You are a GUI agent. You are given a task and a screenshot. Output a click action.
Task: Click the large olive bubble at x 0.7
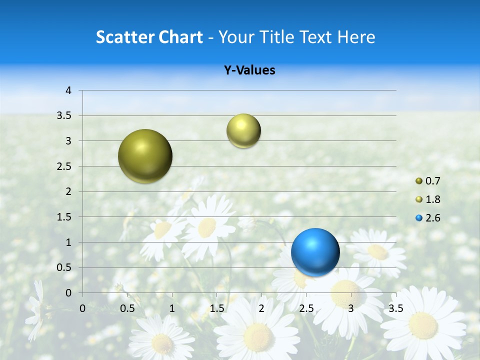[x=145, y=156]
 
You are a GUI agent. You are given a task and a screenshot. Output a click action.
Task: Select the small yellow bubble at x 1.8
[x=243, y=131]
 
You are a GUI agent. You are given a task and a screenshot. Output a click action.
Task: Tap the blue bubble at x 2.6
[x=315, y=252]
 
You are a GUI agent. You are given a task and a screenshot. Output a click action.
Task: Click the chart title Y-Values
[x=249, y=70]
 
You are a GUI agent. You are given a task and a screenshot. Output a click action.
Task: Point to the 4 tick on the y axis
[x=68, y=90]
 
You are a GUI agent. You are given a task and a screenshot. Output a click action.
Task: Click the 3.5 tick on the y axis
[x=65, y=116]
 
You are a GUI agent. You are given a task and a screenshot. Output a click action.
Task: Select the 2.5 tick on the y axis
[x=65, y=166]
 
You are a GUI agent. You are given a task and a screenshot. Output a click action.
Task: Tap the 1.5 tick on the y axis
[x=65, y=217]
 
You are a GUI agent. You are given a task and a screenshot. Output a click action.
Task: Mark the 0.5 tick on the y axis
[x=65, y=268]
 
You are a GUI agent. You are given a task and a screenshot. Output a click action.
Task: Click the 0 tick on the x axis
[x=82, y=308]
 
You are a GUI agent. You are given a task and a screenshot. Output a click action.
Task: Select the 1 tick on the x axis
[x=172, y=308]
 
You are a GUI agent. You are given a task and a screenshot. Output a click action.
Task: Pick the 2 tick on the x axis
[x=261, y=308]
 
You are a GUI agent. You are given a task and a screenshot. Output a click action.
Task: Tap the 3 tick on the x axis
[x=351, y=308]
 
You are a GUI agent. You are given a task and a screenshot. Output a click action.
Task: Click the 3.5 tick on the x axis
[x=395, y=308]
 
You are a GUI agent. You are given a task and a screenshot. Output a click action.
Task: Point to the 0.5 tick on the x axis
[x=127, y=308]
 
